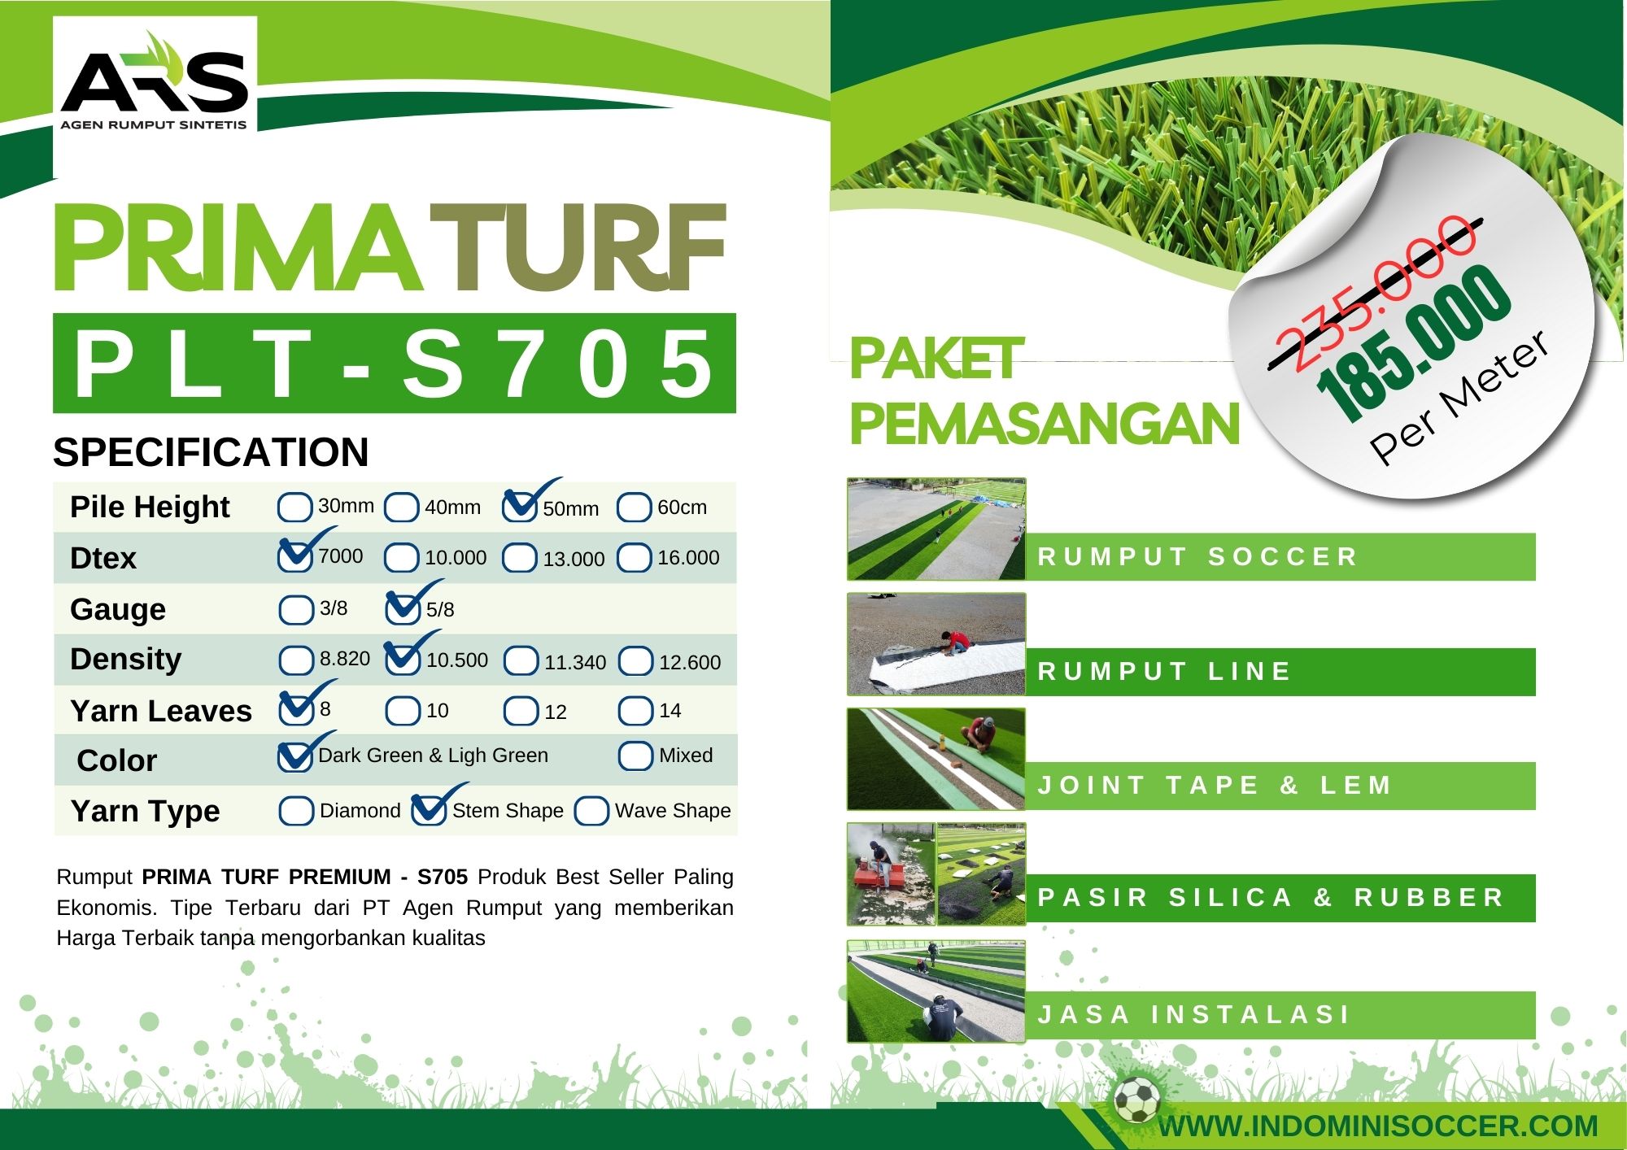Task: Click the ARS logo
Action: (154, 81)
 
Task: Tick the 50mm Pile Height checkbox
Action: (519, 507)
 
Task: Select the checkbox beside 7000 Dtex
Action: (294, 556)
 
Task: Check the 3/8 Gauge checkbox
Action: (295, 609)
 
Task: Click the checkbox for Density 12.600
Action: (635, 661)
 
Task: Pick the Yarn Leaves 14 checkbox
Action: (635, 711)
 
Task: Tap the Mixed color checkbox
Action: (635, 756)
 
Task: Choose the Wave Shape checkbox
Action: (591, 811)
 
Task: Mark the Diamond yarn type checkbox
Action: (296, 811)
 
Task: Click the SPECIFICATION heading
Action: (211, 452)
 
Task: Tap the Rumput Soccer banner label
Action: (1197, 557)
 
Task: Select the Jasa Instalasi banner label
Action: (1193, 1015)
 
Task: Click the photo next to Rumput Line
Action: (936, 644)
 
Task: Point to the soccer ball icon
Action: (1137, 1100)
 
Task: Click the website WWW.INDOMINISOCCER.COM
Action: (1378, 1126)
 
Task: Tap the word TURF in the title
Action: (577, 247)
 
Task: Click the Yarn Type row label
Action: (145, 811)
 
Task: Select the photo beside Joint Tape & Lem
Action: (936, 759)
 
